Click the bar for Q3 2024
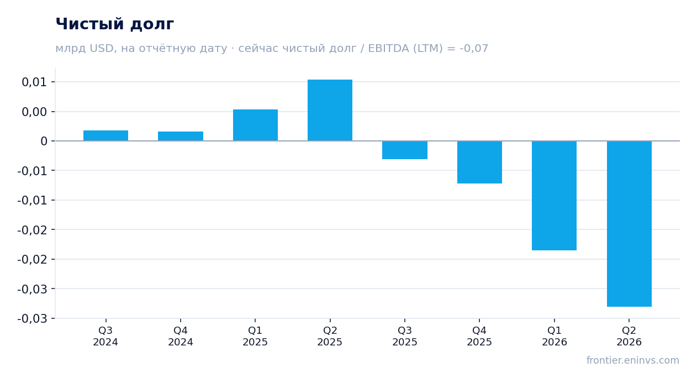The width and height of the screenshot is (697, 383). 106,135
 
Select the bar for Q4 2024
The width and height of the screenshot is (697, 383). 181,136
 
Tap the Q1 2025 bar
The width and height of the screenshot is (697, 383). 256,125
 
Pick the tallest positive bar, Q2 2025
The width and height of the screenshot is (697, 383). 330,110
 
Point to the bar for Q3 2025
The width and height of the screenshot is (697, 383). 405,150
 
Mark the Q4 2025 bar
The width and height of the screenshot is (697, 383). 479,162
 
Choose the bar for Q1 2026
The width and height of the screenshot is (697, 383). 554,196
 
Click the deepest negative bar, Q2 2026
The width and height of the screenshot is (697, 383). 629,224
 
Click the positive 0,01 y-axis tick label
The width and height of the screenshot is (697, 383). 34,82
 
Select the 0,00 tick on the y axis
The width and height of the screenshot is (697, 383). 34,112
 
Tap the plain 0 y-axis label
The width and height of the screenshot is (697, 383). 44,141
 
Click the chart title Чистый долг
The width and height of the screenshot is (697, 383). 114,24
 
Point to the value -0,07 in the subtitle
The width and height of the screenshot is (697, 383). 474,49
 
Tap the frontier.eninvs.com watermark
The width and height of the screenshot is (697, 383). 633,360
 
